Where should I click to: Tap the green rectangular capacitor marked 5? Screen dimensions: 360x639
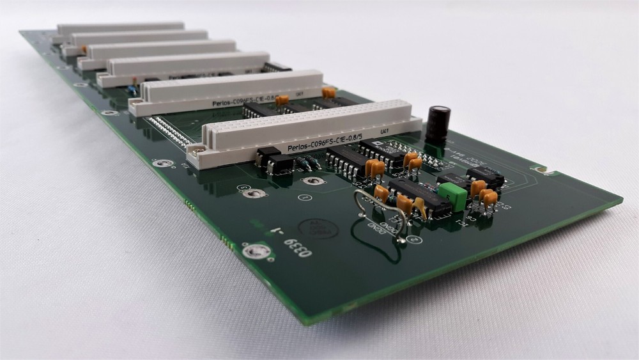click(453, 196)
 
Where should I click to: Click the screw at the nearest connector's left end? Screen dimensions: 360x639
click(196, 151)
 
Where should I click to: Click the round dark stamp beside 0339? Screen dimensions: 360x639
click(317, 226)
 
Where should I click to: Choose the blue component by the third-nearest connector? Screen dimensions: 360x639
click(131, 89)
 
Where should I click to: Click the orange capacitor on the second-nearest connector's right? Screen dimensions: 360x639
click(329, 93)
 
